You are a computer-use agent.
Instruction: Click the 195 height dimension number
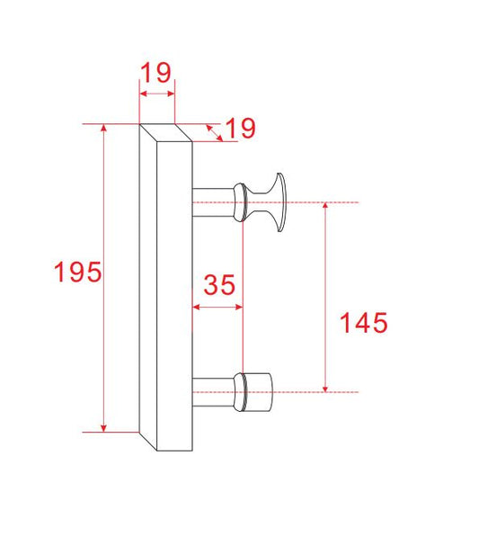point(77,272)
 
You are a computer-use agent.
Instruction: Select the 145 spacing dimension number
point(363,322)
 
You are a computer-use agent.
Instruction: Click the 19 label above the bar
point(155,71)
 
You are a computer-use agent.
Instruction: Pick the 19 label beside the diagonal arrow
point(239,129)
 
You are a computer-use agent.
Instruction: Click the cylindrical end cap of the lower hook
point(260,391)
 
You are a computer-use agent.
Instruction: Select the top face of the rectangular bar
point(165,132)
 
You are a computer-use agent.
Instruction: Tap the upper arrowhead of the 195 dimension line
point(105,129)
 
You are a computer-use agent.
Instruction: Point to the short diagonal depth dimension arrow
point(214,131)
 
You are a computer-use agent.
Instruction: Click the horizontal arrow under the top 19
point(155,94)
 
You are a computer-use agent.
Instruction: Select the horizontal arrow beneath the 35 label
point(218,308)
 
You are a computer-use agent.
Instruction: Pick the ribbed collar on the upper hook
point(240,202)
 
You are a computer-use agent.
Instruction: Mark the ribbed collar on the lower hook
point(240,391)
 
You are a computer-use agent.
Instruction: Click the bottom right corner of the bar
point(192,450)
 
